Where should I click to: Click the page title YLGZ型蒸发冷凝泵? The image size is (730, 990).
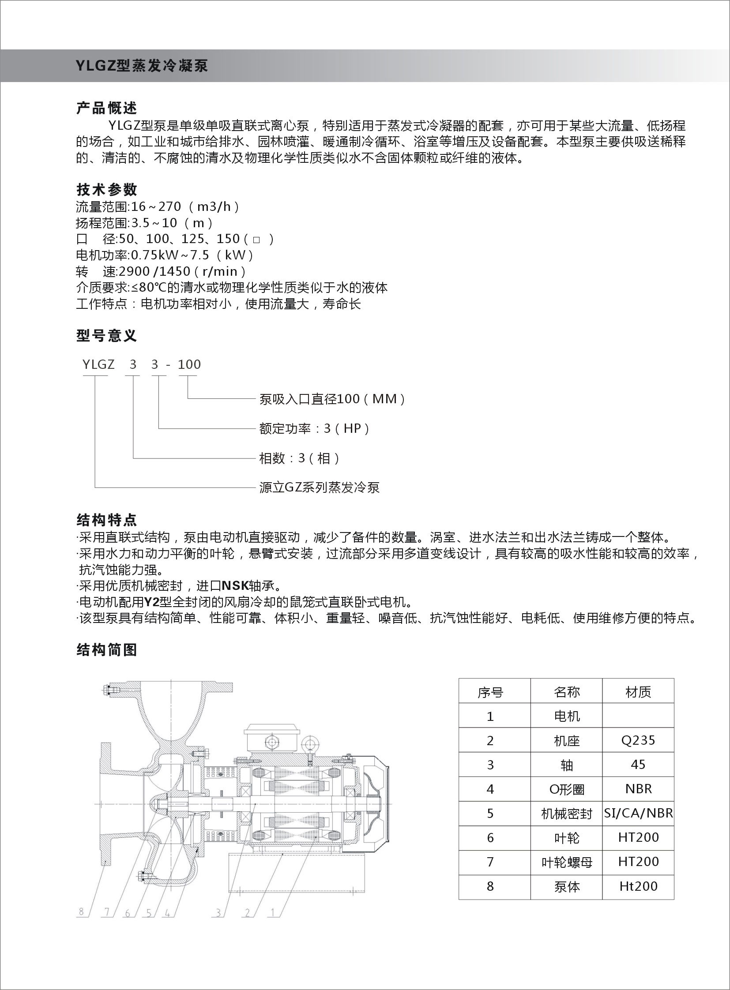pyautogui.click(x=141, y=66)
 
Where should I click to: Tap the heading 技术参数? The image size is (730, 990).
pyautogui.click(x=106, y=190)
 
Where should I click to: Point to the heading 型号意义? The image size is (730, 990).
pyautogui.click(x=106, y=336)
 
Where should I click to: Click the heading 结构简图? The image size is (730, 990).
pyautogui.click(x=106, y=649)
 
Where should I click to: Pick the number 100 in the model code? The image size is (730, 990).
pyautogui.click(x=189, y=364)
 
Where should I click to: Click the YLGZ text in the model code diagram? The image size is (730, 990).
pyautogui.click(x=98, y=364)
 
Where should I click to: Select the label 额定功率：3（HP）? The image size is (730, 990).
pyautogui.click(x=314, y=428)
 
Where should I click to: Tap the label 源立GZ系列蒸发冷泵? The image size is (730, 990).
pyautogui.click(x=319, y=487)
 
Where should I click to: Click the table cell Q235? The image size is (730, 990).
pyautogui.click(x=638, y=740)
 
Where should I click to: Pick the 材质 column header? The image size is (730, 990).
pyautogui.click(x=638, y=692)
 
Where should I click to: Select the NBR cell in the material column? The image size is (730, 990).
pyautogui.click(x=638, y=788)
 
